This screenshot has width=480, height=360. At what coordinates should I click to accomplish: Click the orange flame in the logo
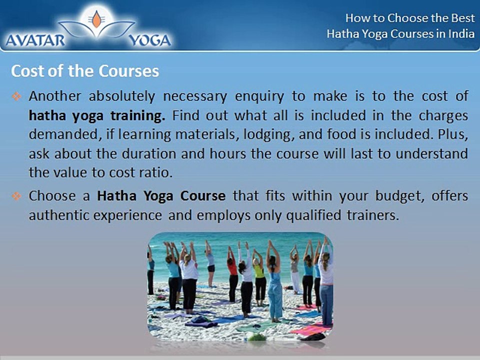click(96, 19)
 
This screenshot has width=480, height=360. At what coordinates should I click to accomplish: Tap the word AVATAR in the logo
click(35, 40)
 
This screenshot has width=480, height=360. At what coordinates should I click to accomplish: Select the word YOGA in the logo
click(149, 40)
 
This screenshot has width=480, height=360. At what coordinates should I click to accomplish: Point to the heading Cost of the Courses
click(85, 71)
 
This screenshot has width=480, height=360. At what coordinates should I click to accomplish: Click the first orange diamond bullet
click(16, 96)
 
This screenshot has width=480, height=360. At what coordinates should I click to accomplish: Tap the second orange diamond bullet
click(16, 196)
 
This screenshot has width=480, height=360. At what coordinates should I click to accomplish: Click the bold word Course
click(203, 196)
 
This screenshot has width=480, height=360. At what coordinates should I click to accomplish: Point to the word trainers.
click(373, 215)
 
